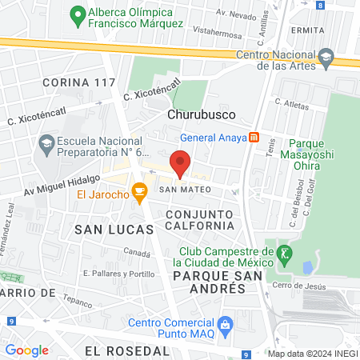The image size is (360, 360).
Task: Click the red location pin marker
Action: tap(180, 164)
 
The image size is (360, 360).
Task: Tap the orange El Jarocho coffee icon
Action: tap(140, 191)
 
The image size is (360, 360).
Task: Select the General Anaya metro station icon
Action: tap(254, 137)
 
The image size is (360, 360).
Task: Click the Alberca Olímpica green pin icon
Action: tap(78, 14)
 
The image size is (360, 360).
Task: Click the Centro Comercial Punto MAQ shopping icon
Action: tap(226, 325)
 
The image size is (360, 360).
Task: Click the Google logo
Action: tap(26, 350)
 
